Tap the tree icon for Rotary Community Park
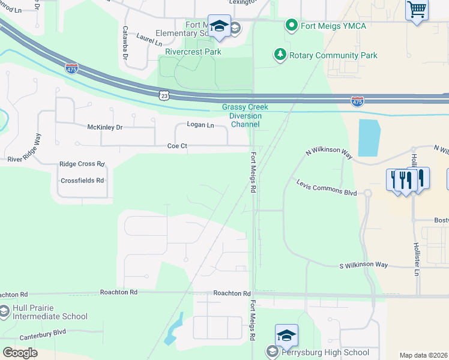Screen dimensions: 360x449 280,55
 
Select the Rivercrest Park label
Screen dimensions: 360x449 193,52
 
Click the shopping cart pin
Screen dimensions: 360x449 417,10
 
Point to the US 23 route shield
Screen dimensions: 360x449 164,95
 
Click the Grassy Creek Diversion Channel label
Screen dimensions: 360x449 245,116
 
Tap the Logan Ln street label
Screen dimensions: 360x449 200,125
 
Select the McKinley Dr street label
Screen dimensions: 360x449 104,127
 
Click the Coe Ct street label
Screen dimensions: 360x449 178,146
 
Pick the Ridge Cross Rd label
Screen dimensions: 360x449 82,164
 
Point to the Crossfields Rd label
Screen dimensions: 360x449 82,180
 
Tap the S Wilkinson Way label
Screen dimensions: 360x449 363,265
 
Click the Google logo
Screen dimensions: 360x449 20,353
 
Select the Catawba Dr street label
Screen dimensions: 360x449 125,42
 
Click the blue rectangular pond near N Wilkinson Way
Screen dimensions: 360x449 369,137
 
